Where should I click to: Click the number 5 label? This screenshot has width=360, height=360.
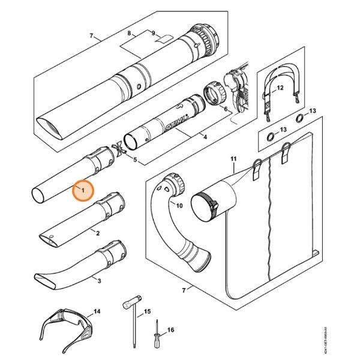[x=135, y=160]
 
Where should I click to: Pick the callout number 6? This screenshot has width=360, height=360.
[x=225, y=110]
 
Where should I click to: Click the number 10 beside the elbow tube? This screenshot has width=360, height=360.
[x=179, y=206]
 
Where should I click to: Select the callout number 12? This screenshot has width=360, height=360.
[x=280, y=88]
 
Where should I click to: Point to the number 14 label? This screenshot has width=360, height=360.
[x=97, y=312]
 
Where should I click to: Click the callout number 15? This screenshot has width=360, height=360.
[x=148, y=311]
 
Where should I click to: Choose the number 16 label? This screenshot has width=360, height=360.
[x=171, y=330]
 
